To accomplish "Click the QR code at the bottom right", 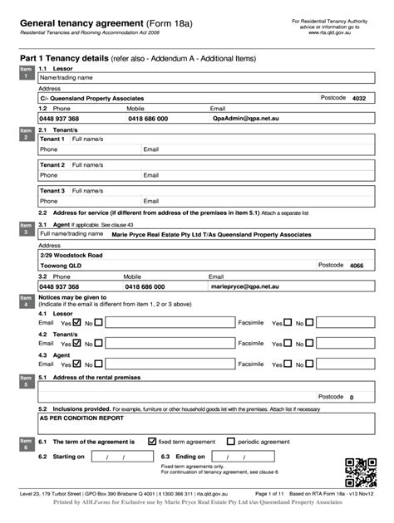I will click(359, 472).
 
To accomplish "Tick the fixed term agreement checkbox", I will click(152, 442).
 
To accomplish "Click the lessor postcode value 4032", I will click(359, 98).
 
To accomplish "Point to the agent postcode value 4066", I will click(357, 266).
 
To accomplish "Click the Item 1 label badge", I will click(25, 73).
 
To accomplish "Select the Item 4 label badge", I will click(25, 301).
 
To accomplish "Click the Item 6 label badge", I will click(25, 444).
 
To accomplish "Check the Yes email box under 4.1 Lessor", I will click(77, 323).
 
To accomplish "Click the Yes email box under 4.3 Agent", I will click(77, 363).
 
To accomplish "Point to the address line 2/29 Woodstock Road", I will click(71, 255).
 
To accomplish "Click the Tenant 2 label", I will click(52, 165).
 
